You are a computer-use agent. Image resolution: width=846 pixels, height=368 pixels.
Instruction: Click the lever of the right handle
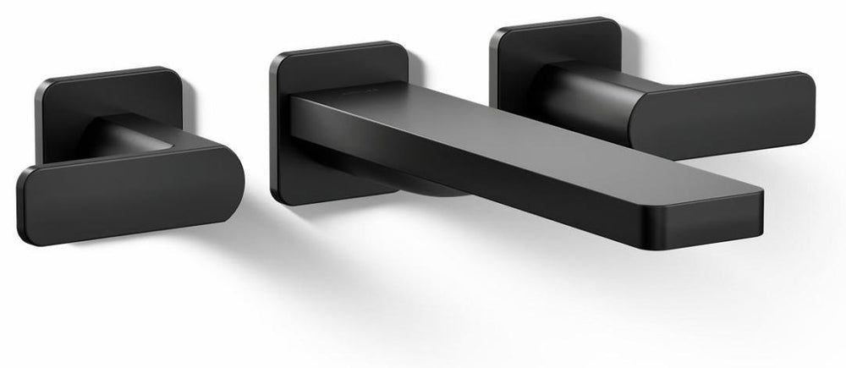point(719,106)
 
